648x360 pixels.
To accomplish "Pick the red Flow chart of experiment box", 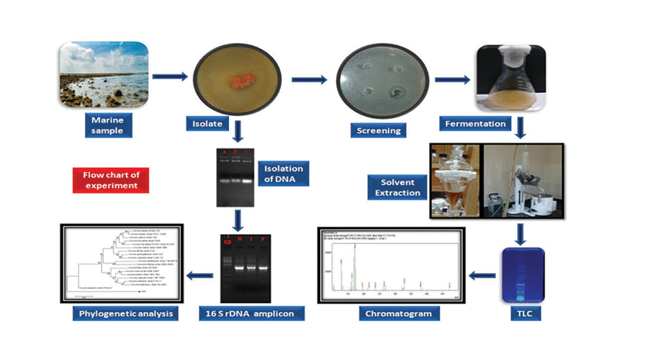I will click(x=110, y=180).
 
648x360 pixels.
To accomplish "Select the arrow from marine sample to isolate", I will click(x=169, y=73).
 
